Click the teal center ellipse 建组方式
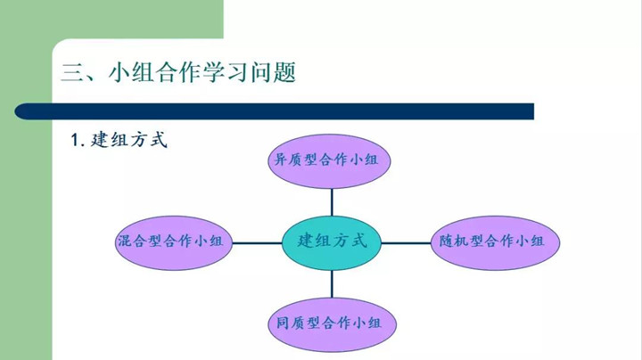(x=332, y=241)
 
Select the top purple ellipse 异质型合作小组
(x=331, y=161)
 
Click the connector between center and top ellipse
(x=332, y=200)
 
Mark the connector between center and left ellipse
(x=259, y=241)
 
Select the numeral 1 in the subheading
(x=75, y=141)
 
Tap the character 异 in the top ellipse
(x=279, y=161)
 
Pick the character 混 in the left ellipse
(x=124, y=241)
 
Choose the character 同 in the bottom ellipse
(x=279, y=323)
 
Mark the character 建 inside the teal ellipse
(x=306, y=241)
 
